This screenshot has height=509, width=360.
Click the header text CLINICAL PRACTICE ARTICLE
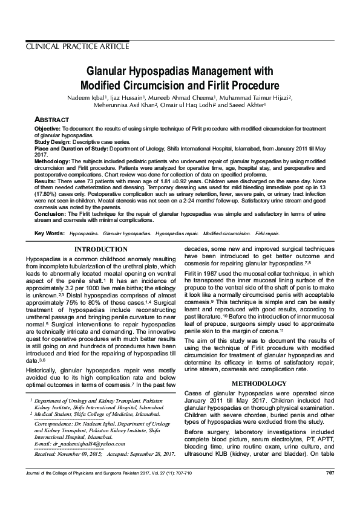(77, 47)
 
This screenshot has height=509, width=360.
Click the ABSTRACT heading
(51, 120)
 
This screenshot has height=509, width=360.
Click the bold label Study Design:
(51, 141)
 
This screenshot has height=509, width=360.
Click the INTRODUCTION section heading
(101, 249)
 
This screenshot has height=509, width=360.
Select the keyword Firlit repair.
(267, 233)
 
